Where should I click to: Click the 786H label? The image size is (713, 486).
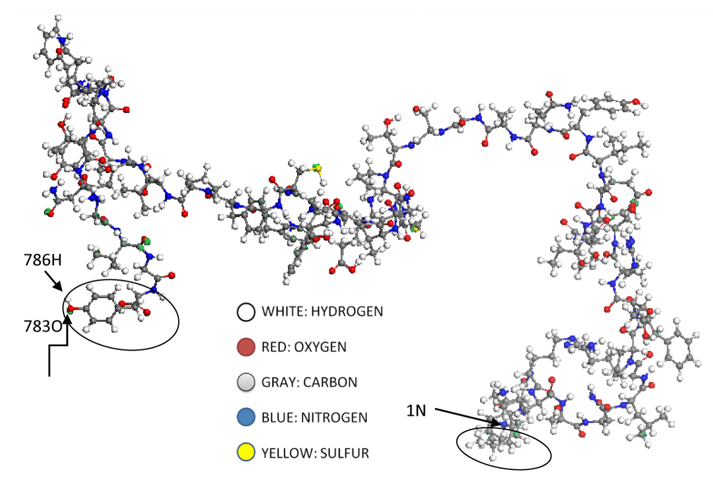(43, 260)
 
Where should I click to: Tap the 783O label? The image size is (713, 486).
(43, 326)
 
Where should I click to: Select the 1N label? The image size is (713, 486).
(416, 411)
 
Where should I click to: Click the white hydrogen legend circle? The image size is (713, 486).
(246, 312)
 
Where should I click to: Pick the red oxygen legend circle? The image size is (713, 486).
(246, 347)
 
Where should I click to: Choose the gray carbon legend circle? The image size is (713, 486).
(246, 382)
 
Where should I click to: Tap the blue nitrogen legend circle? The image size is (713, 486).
(246, 417)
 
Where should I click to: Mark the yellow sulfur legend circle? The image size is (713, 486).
(246, 452)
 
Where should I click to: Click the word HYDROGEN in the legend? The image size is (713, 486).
(347, 311)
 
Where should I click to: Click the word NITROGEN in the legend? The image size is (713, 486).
(334, 418)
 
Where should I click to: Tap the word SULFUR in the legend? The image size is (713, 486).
(345, 453)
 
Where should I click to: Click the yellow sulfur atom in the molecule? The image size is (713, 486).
(318, 169)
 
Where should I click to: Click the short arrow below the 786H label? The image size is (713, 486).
(53, 280)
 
